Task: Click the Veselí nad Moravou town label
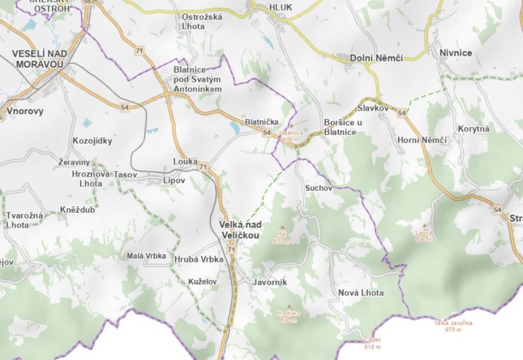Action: click(40, 59)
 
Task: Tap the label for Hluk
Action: click(280, 7)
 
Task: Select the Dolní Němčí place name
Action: click(376, 58)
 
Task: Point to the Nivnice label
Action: click(455, 53)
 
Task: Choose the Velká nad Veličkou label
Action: click(240, 229)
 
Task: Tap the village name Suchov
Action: click(319, 188)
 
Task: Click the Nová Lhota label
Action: click(361, 293)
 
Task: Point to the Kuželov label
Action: click(202, 282)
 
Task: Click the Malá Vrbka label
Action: click(146, 256)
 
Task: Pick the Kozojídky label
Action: click(92, 141)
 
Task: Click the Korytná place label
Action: click(473, 129)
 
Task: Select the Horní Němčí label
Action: click(422, 140)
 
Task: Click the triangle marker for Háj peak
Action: click(283, 227)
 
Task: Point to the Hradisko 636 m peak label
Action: click(289, 316)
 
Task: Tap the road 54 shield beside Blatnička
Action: click(267, 132)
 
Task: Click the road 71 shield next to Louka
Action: click(203, 166)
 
